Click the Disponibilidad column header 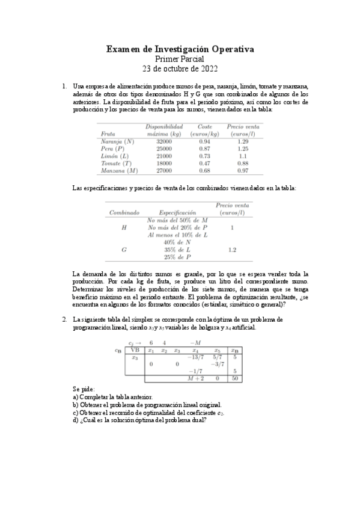click(164, 126)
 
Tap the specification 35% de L click(177, 249)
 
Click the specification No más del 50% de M click(177, 220)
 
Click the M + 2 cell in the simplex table click(194, 378)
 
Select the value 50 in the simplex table click(237, 378)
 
